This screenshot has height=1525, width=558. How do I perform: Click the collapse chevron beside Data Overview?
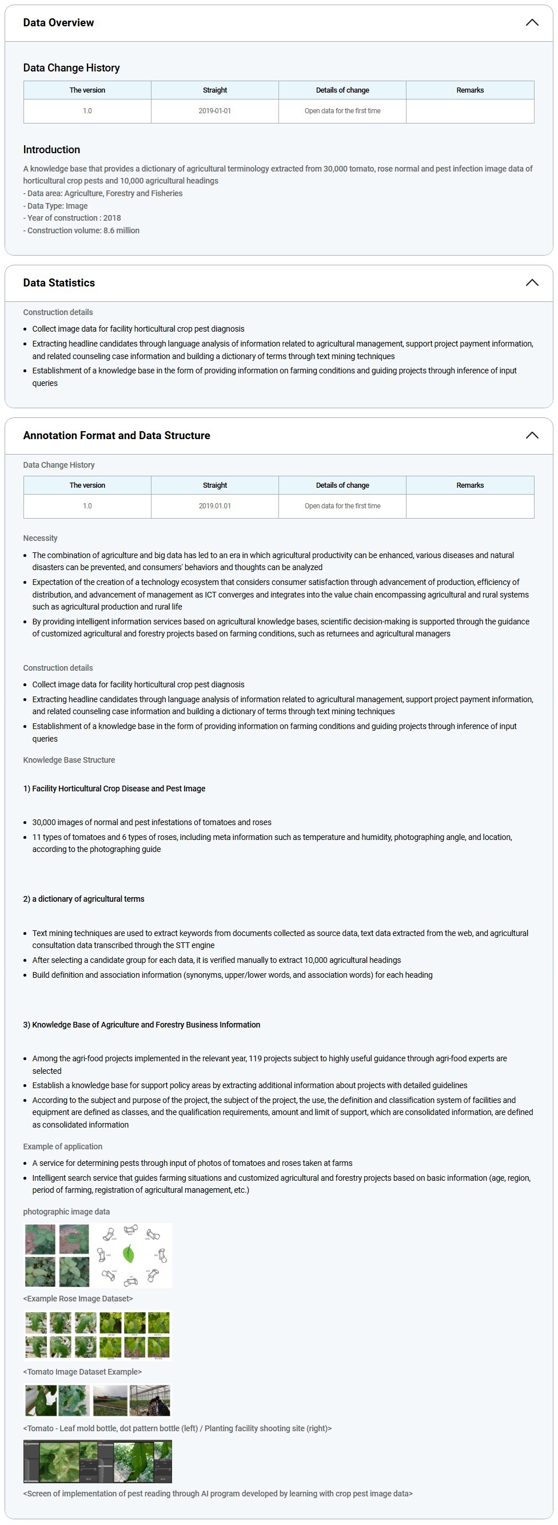pos(531,22)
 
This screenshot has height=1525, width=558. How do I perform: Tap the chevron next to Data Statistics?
pos(531,282)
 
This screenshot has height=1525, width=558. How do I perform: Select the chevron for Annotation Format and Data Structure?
pos(531,435)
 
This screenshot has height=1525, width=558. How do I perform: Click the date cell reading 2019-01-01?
pos(214,111)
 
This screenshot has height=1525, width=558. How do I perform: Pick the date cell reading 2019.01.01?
pos(214,505)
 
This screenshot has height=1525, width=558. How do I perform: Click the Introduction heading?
pos(51,150)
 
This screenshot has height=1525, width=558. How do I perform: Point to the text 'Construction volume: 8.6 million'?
pos(83,230)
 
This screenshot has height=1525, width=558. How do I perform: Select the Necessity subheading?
pos(40,538)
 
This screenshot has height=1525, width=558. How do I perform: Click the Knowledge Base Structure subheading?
pos(69,759)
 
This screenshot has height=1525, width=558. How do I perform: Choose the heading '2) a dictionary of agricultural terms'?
pos(83,899)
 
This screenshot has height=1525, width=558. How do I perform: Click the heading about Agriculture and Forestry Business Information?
pos(141,1024)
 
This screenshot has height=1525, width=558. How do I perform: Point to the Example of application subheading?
pos(62,1146)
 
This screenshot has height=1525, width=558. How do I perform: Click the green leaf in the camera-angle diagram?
pos(129,1254)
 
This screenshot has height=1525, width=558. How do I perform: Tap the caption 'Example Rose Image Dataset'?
pos(78,1298)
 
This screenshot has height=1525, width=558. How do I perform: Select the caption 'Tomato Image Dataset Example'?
pos(82,1371)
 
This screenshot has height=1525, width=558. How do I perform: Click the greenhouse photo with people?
pos(150,1400)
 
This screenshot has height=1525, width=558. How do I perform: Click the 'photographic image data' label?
pos(66,1211)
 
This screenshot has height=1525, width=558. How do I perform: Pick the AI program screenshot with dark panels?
pos(97,1461)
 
